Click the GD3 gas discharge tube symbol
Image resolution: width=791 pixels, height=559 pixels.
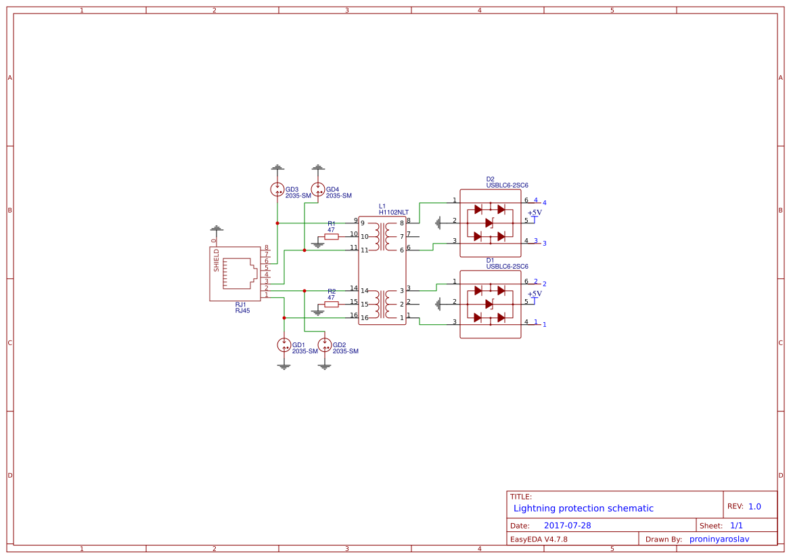coord(277,189)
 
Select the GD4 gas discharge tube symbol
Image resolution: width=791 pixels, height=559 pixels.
coord(318,189)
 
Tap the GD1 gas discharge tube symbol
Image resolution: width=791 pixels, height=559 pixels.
coord(284,345)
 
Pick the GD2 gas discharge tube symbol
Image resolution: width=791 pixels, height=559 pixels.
coord(324,345)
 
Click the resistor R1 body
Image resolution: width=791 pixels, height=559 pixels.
coord(332,237)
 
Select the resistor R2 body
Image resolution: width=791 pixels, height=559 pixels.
coord(332,305)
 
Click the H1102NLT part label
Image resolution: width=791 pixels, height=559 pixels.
coord(394,213)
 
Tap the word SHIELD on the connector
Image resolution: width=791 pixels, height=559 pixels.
coord(217,261)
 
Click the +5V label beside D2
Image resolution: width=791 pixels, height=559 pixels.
coord(535,213)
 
